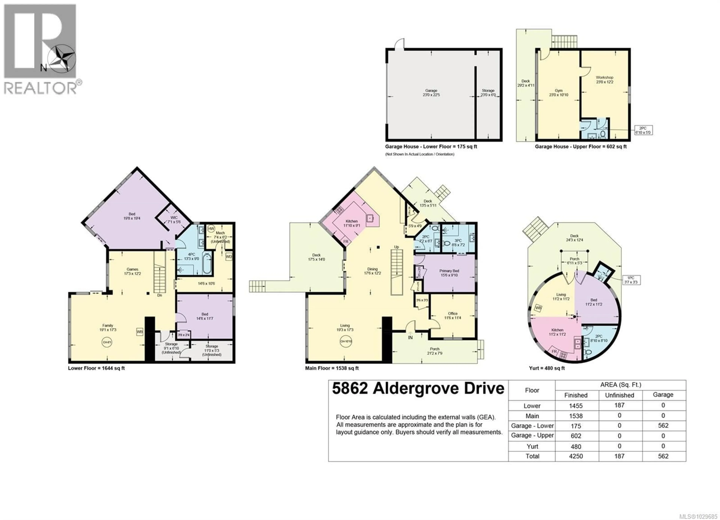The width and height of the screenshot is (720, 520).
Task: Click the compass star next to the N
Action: (61, 59)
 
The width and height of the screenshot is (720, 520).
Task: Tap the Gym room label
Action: (558, 92)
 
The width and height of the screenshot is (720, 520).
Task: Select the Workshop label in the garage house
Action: (604, 79)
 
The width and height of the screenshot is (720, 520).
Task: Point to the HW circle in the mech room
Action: (211, 228)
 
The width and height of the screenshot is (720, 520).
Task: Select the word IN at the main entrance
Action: (410, 337)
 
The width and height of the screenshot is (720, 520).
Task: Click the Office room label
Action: (453, 315)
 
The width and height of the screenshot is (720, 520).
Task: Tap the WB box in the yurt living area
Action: (538, 308)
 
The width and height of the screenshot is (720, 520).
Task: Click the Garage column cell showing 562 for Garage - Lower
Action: (663, 426)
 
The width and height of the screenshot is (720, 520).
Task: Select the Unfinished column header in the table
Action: (619, 395)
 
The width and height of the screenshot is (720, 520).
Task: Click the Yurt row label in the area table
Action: (532, 446)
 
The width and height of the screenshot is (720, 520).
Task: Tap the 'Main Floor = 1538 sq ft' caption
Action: (332, 368)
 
